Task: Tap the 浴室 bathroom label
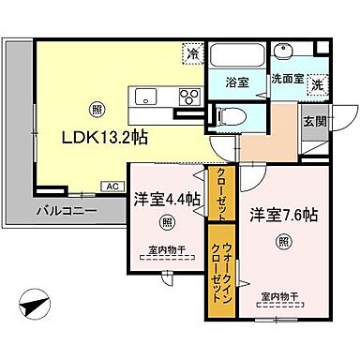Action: (x=238, y=82)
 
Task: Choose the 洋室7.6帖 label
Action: (x=283, y=215)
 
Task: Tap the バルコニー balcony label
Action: (x=67, y=211)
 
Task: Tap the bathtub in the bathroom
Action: (x=237, y=55)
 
